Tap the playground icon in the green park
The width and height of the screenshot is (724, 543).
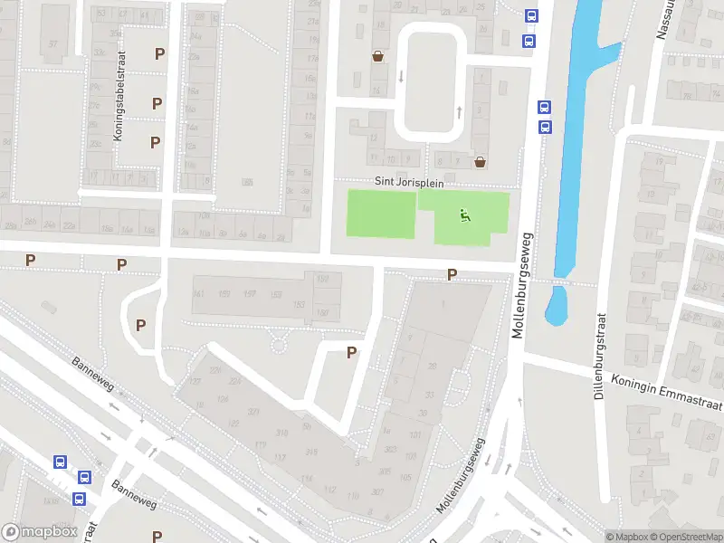464,215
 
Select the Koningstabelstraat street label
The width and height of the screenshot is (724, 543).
118,108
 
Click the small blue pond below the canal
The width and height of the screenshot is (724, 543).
556,306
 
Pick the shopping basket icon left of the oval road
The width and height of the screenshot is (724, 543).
377,56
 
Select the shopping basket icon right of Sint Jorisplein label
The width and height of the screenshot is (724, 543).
481,162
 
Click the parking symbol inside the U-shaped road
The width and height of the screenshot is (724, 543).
352,353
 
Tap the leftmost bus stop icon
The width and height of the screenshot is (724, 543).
60,462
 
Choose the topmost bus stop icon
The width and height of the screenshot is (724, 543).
530,15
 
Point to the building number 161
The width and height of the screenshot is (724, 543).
199,294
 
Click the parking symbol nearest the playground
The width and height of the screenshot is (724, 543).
452,275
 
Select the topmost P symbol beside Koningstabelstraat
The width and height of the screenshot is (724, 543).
159,53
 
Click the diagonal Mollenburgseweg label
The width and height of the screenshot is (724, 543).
461,477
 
